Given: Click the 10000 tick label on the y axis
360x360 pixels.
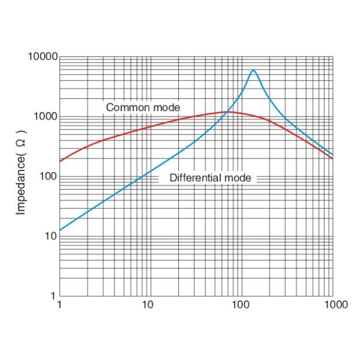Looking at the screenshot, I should pos(42,57).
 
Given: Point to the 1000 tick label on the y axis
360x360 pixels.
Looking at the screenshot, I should pos(44,116).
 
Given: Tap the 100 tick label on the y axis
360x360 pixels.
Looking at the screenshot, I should pos(47,176).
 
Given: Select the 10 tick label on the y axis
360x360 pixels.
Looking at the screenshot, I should pos(50,236).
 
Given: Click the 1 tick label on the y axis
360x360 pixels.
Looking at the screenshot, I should pos(54,296).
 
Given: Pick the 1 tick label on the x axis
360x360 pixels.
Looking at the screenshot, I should pos(60,305).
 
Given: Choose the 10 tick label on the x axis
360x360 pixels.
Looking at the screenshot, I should pos(148,305).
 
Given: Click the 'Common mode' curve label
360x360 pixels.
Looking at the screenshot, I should pos(143,107).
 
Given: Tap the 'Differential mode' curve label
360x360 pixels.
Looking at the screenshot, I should pos(210,178).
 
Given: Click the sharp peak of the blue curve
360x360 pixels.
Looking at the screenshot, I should pos(253,71).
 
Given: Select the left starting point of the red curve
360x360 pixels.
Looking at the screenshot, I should pos(60,161).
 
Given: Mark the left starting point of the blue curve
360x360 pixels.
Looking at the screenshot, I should pos(60,230).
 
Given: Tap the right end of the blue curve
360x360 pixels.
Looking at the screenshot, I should pos(332,154).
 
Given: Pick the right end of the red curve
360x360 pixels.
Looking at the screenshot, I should pos(332,158).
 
